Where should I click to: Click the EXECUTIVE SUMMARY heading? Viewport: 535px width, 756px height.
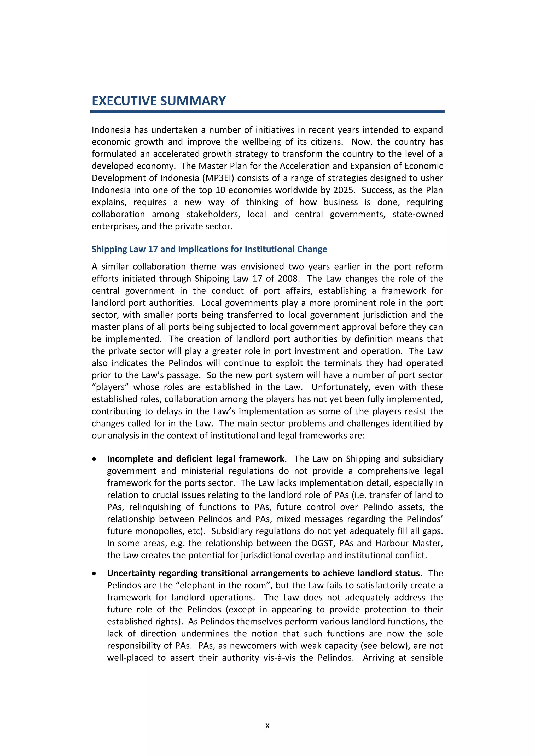[x=159, y=101]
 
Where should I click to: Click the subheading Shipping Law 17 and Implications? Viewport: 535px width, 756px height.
[x=209, y=249]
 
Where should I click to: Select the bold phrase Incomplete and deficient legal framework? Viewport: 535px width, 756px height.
[x=196, y=459]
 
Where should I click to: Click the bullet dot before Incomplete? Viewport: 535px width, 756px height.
[x=95, y=459]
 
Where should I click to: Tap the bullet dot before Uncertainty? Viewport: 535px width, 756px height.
[x=95, y=574]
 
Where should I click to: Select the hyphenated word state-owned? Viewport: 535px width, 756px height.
[x=417, y=214]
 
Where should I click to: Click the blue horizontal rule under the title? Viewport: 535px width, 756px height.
[x=267, y=112]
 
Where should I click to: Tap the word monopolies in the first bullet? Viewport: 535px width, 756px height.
[x=154, y=531]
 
